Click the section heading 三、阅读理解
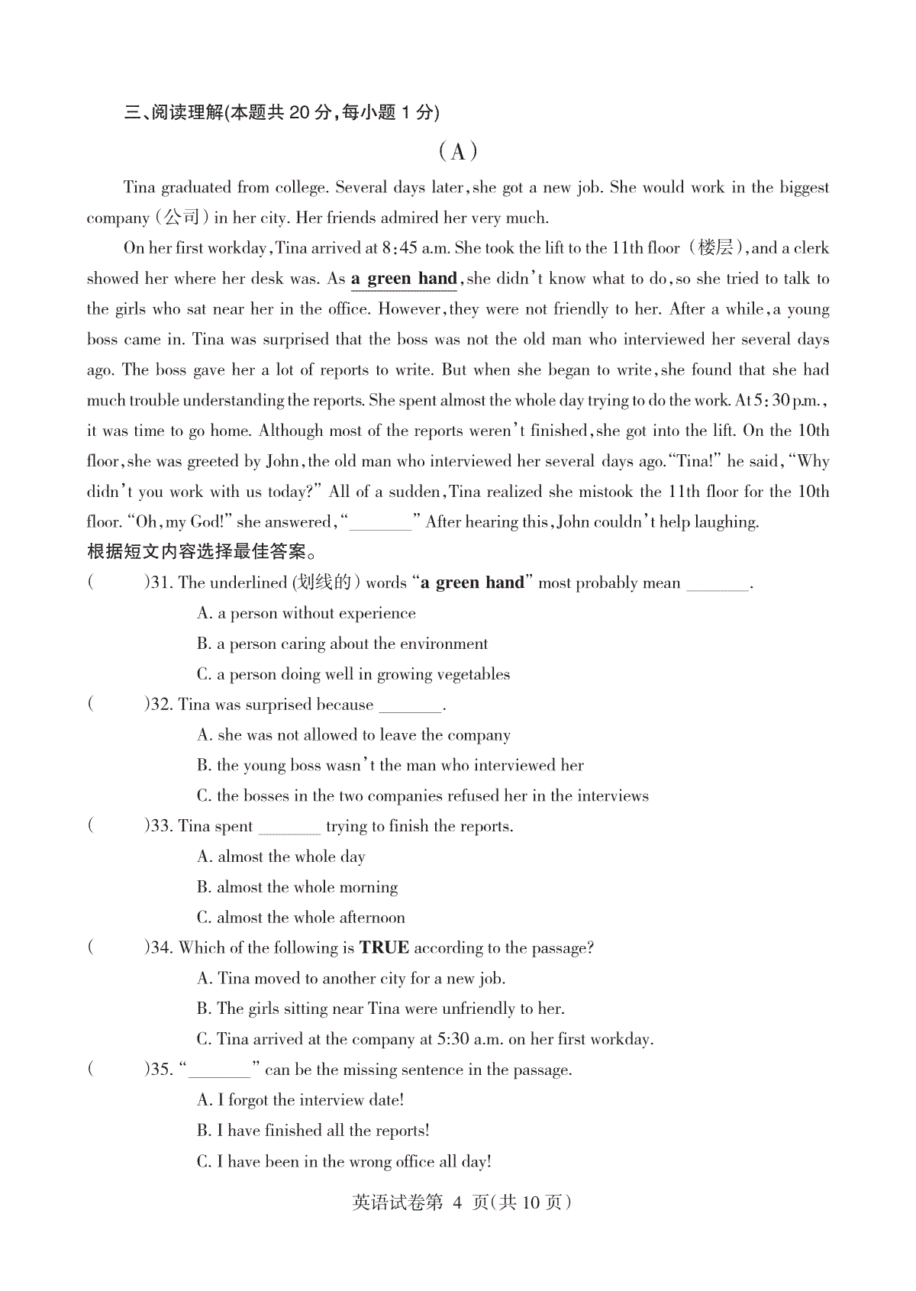282,113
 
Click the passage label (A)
458,152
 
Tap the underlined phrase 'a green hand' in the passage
404,279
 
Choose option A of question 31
306,614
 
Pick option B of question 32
390,766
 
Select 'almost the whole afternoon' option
301,918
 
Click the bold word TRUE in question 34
384,948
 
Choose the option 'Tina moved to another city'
350,979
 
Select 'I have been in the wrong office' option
344,1162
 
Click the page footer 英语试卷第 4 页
461,1202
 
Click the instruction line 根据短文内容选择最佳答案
202,552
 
